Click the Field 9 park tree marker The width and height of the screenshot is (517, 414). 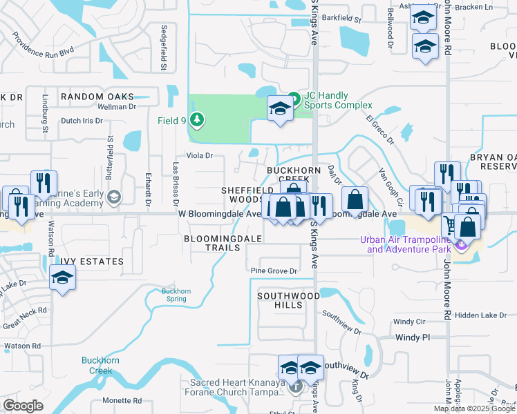point(198,120)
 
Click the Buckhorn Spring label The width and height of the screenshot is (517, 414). point(176,295)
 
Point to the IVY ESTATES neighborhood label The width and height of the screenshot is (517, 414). point(91,262)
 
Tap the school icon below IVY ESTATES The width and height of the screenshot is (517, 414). point(62,278)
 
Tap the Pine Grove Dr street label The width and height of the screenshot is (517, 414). point(274,271)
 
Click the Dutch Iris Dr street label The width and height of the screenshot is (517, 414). point(82,120)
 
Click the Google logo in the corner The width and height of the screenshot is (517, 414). point(23,405)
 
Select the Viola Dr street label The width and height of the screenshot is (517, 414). point(198,156)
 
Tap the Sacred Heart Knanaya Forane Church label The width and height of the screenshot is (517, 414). point(235,386)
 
